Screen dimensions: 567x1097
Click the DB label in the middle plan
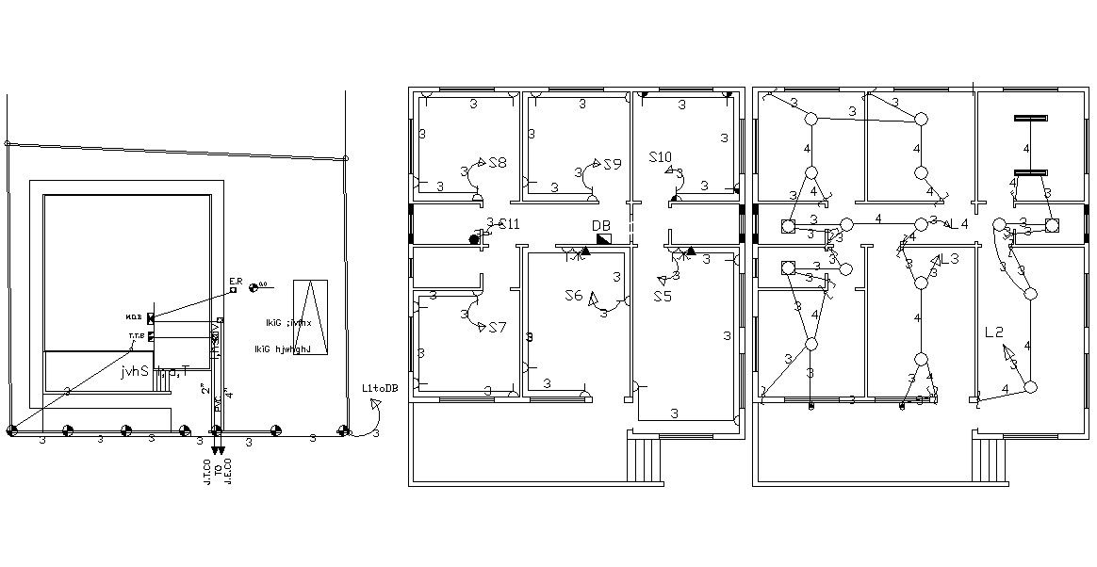tap(600, 226)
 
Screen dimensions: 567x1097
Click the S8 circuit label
tap(497, 163)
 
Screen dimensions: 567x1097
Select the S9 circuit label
tap(613, 164)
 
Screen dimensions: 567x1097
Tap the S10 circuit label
tap(660, 156)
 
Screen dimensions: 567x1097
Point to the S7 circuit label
tap(497, 327)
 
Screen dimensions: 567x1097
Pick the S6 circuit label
tap(574, 296)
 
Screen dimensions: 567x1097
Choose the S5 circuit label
tap(663, 296)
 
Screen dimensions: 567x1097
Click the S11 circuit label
tap(509, 224)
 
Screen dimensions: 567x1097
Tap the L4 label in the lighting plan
tap(959, 223)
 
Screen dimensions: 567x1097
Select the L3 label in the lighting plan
tap(949, 259)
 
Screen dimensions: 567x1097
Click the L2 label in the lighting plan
tap(994, 332)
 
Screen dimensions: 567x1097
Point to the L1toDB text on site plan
tap(380, 388)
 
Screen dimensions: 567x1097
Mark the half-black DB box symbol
tap(603, 240)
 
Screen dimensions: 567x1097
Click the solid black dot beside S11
tap(474, 240)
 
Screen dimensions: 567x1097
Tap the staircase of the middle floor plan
tap(647, 459)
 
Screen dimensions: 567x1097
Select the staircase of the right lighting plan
tap(990, 459)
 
